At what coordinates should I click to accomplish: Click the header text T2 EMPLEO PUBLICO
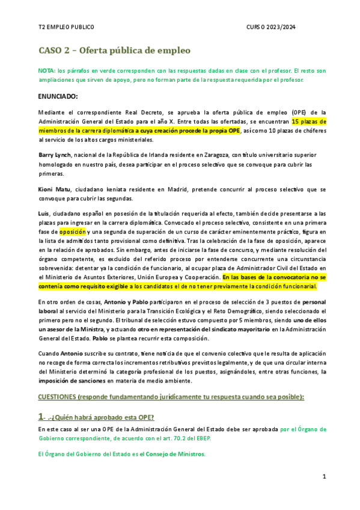click(66, 28)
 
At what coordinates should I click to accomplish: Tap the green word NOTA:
click(46, 70)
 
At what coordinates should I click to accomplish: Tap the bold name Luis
click(43, 214)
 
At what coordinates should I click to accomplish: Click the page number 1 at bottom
click(323, 476)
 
